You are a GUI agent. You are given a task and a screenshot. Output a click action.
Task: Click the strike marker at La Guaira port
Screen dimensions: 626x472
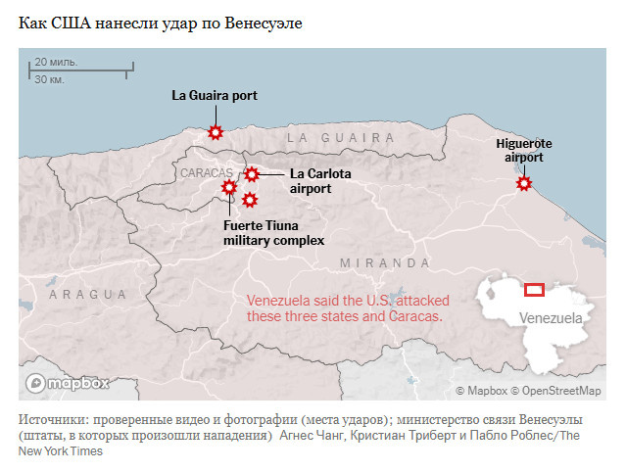pos(216,132)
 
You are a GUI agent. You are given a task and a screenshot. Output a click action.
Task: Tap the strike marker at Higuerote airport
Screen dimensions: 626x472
pos(524,181)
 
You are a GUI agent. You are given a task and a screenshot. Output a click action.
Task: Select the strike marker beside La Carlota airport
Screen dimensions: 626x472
pos(252,174)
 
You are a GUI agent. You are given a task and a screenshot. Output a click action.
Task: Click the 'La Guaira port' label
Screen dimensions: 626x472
pos(215,95)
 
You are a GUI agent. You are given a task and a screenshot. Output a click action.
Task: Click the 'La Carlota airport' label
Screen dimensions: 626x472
pos(319,181)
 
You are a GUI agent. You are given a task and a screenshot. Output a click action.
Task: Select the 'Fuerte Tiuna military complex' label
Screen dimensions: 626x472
pos(273,232)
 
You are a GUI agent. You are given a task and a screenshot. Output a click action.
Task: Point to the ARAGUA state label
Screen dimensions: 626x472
pos(88,294)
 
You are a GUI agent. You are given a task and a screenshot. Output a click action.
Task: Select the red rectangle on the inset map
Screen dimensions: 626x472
pos(534,289)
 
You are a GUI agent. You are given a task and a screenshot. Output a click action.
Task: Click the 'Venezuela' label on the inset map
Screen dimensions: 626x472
pos(551,318)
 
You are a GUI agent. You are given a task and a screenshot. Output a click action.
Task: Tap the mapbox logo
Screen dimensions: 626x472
pos(68,383)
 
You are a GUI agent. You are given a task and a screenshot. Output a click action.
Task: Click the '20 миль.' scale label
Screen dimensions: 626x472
pos(56,62)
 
